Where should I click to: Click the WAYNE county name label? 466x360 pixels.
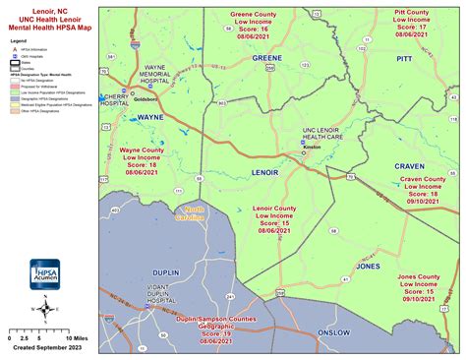tap(150, 116)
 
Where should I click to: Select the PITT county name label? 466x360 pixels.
tap(404, 60)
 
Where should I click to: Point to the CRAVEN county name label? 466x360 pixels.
tap(409, 166)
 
